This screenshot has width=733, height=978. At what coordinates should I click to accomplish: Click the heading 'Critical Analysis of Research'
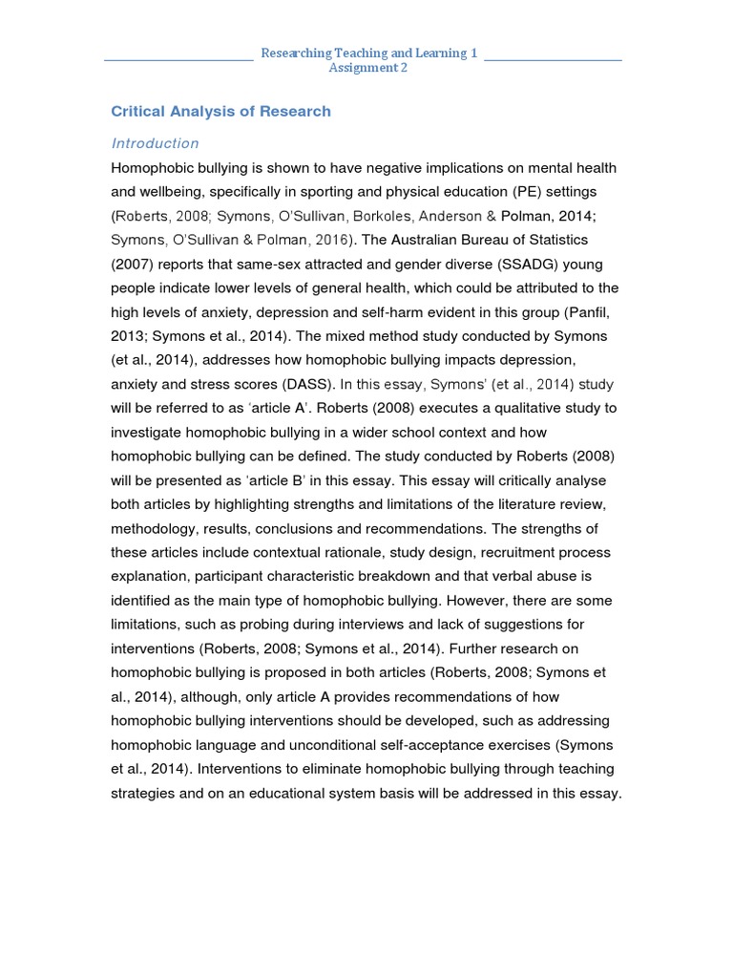point(221,111)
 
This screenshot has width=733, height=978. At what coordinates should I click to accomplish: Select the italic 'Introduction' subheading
point(155,143)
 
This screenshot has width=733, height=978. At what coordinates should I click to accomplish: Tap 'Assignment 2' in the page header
point(367,68)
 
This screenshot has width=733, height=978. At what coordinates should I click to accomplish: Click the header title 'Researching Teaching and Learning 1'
point(368,53)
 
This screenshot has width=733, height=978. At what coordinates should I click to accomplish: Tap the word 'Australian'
point(433,240)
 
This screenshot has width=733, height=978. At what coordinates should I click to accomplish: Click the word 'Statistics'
point(553,240)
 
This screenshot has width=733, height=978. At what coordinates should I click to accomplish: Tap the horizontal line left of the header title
point(178,59)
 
